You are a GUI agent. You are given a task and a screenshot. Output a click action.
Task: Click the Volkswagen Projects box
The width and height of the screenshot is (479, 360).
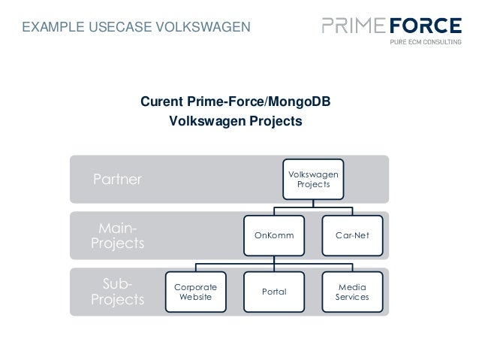(x=313, y=179)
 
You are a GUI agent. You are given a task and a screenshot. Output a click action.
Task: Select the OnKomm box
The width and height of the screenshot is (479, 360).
(x=273, y=235)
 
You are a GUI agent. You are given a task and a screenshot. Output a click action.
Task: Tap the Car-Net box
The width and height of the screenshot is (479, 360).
(x=352, y=235)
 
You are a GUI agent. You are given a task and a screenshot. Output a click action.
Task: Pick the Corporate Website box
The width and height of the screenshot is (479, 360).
(x=195, y=292)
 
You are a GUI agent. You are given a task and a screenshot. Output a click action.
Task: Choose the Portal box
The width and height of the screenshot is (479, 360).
(x=273, y=292)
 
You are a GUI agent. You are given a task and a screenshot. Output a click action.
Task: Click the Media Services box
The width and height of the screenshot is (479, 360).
(x=352, y=292)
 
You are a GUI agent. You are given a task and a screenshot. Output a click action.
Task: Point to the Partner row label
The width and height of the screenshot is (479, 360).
(x=117, y=180)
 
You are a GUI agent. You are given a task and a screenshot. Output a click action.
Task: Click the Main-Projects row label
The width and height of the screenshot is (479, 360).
(x=117, y=235)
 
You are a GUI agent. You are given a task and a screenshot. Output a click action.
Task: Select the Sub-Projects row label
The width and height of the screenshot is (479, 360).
(x=117, y=292)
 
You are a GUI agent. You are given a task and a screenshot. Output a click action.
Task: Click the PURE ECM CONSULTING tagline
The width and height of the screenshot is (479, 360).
(x=425, y=44)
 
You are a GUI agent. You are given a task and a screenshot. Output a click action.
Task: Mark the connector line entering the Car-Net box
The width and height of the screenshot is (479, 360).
(x=352, y=211)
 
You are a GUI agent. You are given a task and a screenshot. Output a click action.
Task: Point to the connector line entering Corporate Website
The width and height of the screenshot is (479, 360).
(x=195, y=268)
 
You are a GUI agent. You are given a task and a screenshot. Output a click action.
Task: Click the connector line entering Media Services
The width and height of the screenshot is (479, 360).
(x=352, y=268)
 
